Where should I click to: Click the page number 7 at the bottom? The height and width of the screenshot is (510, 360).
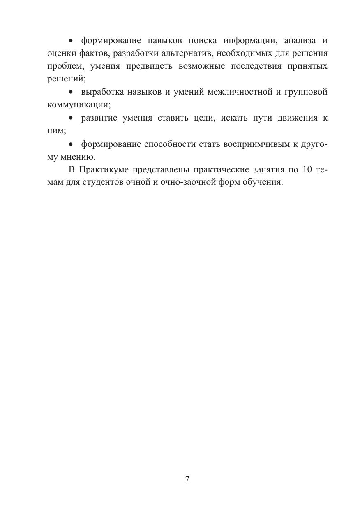[187, 479]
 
